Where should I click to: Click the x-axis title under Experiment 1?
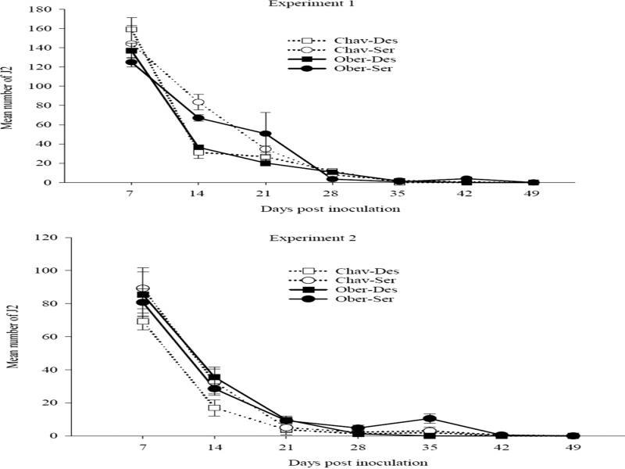tap(331, 209)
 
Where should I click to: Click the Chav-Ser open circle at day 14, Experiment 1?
tap(198, 102)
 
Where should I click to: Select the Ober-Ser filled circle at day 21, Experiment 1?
tap(266, 134)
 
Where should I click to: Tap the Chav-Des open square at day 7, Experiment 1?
tap(131, 30)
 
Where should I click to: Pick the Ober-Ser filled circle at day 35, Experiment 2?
tap(429, 418)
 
